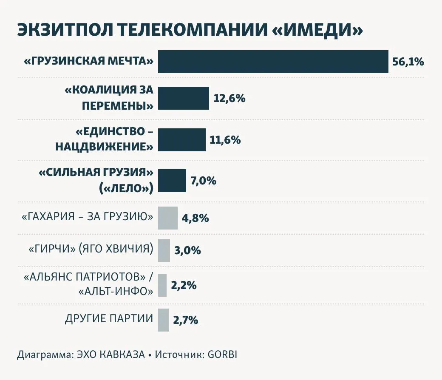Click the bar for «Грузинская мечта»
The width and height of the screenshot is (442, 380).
[273, 62]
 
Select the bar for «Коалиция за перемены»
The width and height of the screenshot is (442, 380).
[184, 98]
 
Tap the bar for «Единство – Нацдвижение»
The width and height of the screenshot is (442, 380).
[182, 139]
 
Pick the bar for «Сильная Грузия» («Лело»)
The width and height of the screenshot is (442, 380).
[172, 181]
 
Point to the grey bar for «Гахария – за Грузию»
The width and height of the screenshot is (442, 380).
[168, 218]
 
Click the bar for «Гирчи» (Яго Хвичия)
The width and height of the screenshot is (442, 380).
[164, 250]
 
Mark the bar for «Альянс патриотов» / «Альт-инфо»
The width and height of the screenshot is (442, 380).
[162, 285]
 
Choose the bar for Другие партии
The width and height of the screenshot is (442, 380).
[164, 320]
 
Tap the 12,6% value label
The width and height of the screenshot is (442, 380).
[229, 99]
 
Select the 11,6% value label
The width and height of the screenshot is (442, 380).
[225, 140]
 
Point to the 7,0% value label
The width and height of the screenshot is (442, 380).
[204, 181]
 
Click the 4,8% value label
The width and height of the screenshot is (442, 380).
[195, 218]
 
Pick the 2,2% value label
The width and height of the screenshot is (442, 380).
[184, 286]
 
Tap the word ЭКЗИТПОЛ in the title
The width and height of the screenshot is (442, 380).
[64, 31]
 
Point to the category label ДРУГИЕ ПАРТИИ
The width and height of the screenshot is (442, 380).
[109, 319]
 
